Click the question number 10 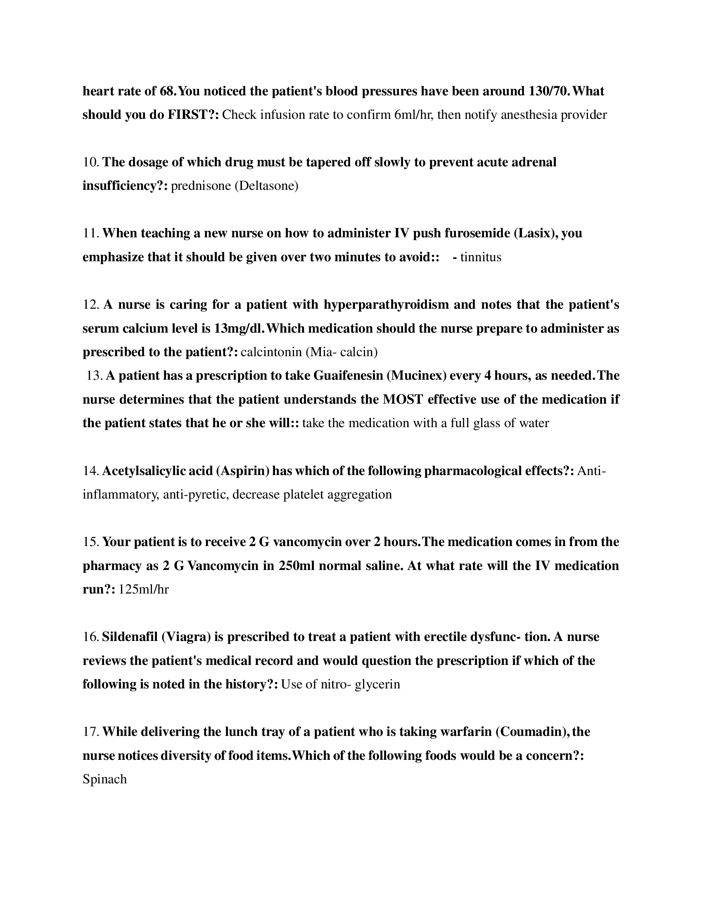coord(90,162)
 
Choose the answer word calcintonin coord(271,352)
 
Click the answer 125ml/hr coord(144,589)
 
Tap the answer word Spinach coord(105,779)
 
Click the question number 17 coord(90,732)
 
